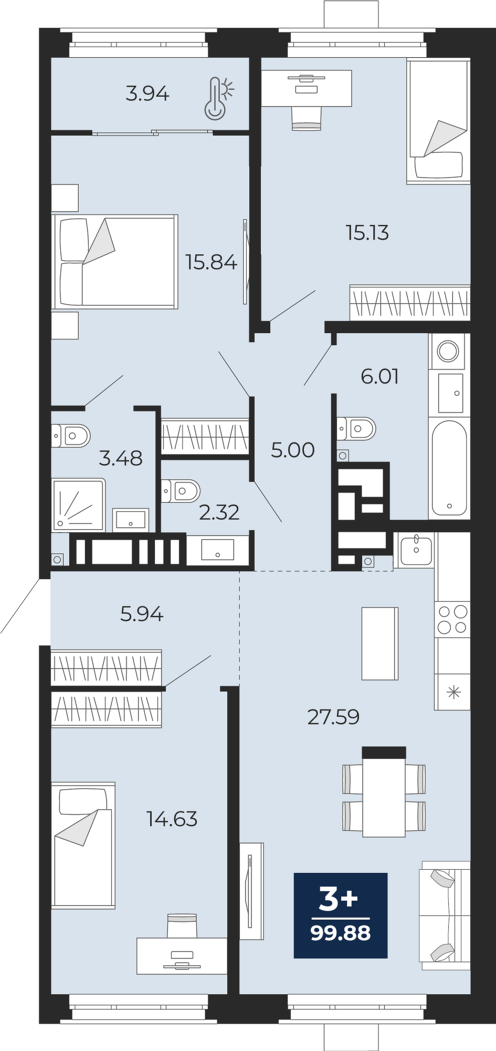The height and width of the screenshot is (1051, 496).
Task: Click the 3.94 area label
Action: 147,94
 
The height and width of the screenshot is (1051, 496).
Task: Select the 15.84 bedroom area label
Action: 212,262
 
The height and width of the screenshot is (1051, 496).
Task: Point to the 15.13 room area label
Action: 367,232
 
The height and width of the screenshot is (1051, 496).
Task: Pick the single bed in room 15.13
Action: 438,121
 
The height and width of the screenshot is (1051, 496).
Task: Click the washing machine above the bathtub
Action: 448,351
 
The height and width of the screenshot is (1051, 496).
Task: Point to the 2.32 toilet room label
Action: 219,512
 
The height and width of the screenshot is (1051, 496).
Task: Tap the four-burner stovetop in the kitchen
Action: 452,620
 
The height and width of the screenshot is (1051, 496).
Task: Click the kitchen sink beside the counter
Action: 416,550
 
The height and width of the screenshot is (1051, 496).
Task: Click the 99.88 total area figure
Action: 341,933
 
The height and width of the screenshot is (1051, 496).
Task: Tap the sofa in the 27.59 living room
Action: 445,915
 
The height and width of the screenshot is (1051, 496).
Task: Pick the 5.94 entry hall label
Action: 142,613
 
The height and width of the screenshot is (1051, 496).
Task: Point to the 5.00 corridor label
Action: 293,450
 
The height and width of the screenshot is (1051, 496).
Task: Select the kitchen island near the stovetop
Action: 380,643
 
